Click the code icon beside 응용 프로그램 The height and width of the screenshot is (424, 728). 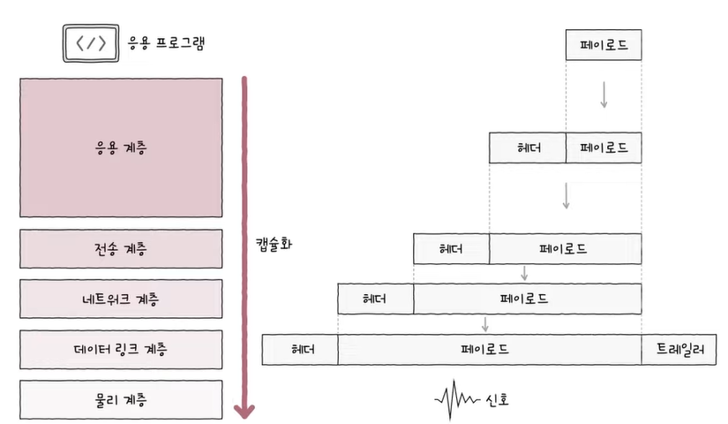(91, 43)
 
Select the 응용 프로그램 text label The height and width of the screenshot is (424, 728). (166, 43)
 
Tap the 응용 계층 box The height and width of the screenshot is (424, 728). (121, 148)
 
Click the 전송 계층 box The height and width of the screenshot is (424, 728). (121, 249)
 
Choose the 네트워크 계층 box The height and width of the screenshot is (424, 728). (121, 299)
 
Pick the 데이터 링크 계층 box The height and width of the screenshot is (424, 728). (121, 350)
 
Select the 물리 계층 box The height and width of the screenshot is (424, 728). (121, 400)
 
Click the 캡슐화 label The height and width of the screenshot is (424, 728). (274, 244)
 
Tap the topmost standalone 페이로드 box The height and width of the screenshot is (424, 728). (604, 45)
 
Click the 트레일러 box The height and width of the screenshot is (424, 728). (679, 350)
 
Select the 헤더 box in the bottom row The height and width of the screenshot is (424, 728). (300, 350)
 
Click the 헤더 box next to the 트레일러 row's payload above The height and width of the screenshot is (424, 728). (376, 299)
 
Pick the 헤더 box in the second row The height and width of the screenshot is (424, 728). (528, 148)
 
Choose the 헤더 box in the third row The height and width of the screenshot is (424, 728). (451, 249)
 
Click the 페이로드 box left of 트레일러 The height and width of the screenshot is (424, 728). (490, 350)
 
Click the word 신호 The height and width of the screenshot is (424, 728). (498, 400)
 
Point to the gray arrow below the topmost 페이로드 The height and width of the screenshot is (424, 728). (604, 95)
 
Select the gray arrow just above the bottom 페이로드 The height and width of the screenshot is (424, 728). (485, 324)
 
